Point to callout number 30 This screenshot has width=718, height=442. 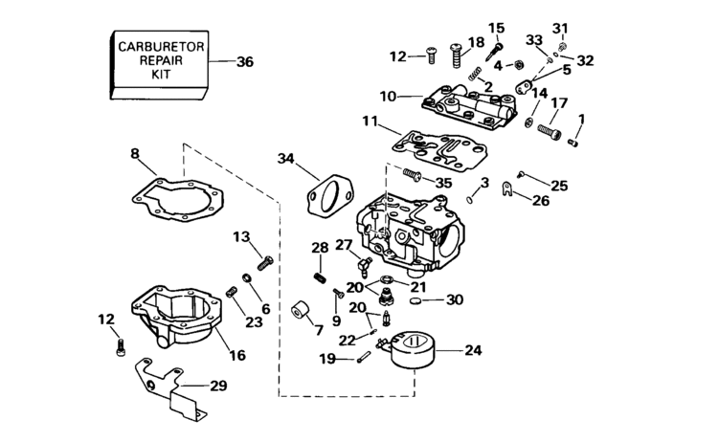tap(454, 299)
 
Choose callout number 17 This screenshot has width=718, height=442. tap(560, 103)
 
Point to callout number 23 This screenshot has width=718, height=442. tap(253, 322)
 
